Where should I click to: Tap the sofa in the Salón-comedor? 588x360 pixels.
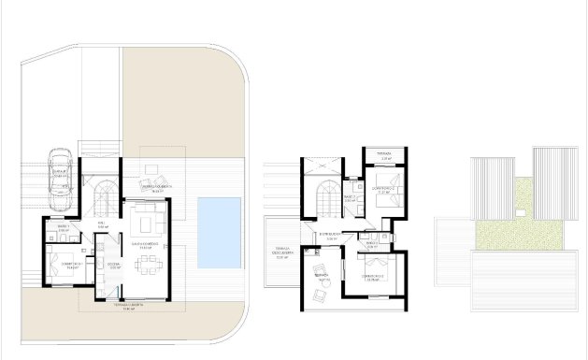coord(149,224)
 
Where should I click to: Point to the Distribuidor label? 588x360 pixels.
coord(327,236)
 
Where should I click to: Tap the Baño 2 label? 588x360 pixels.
coord(348,197)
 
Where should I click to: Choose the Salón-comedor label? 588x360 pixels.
coord(142,245)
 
